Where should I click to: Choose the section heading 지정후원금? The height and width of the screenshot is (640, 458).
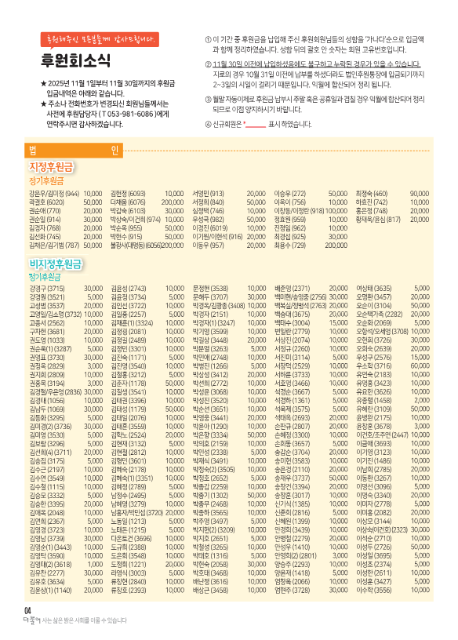point(52,166)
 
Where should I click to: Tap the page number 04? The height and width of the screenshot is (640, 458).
point(27,610)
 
